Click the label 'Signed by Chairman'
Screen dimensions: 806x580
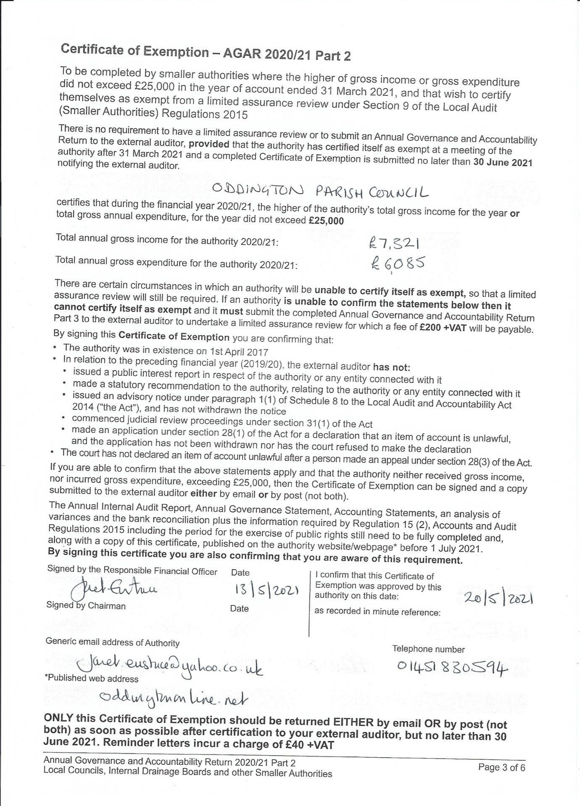[x=86, y=606]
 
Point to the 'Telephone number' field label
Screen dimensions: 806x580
[x=428, y=649]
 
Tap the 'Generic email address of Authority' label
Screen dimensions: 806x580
[x=112, y=643]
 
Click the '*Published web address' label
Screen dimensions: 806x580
[x=91, y=679]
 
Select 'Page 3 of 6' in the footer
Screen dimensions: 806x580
[x=501, y=768]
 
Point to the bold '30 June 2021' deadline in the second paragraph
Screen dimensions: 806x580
[x=503, y=162]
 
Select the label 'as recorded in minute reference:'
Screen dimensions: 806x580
[x=377, y=612]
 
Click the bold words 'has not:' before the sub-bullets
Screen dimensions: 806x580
[x=391, y=367]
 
